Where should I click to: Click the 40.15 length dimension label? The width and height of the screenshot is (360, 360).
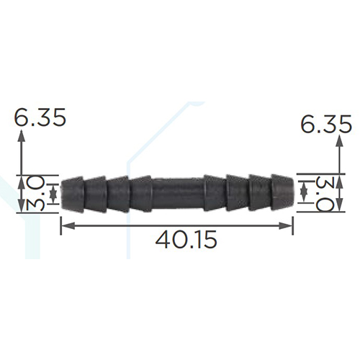click(x=186, y=240)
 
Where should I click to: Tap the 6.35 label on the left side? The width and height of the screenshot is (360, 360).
click(x=40, y=117)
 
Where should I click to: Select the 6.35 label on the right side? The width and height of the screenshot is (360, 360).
click(x=326, y=124)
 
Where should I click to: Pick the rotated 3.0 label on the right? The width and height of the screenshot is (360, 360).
click(x=323, y=194)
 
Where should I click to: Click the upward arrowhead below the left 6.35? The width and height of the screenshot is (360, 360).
click(x=22, y=135)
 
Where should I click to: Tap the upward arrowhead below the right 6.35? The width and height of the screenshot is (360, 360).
click(x=339, y=141)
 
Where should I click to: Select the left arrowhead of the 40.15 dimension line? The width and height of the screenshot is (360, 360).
click(x=68, y=225)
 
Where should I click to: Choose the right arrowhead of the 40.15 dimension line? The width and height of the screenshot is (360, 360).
click(x=285, y=225)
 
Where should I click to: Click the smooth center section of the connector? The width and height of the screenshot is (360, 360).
click(x=178, y=194)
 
